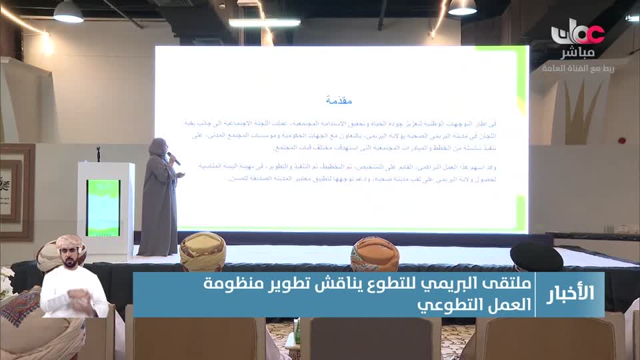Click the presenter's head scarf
159,146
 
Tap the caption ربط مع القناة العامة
577,68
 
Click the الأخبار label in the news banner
572,294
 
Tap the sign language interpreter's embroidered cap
71,241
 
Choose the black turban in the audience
536,255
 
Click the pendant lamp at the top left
68,11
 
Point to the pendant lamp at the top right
462,7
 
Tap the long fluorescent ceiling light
264,22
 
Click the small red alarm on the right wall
621,141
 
